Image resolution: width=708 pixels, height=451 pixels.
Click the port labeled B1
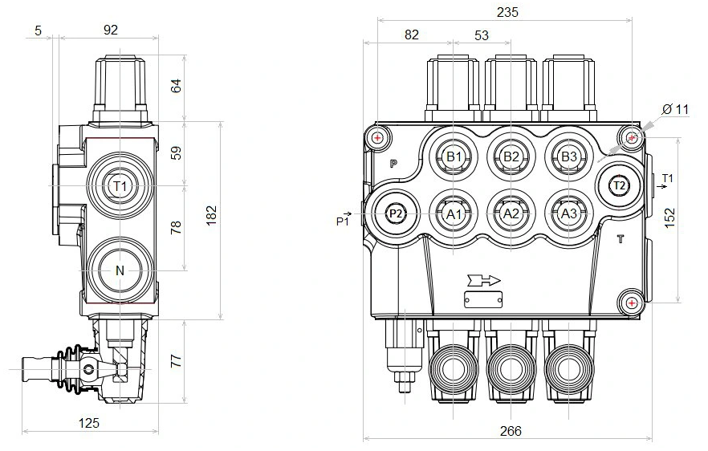(x=454, y=156)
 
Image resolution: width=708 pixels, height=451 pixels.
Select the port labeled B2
(x=511, y=156)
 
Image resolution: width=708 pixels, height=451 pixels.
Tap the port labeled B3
(x=568, y=156)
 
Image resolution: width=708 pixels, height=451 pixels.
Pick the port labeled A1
(x=454, y=213)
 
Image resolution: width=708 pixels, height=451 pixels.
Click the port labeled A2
(x=511, y=213)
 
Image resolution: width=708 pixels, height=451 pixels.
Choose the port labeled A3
(x=568, y=213)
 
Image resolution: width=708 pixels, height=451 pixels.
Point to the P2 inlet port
(x=395, y=213)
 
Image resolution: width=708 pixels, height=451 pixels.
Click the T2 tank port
(x=619, y=185)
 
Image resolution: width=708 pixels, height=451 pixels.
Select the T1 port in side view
(x=120, y=186)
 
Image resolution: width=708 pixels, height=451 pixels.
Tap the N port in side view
(x=120, y=271)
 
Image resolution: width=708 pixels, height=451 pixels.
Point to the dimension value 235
(x=507, y=12)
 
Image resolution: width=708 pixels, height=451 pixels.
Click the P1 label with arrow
(x=345, y=218)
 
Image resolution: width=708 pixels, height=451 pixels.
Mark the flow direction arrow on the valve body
(x=482, y=280)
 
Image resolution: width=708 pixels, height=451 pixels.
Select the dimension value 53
(x=482, y=35)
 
